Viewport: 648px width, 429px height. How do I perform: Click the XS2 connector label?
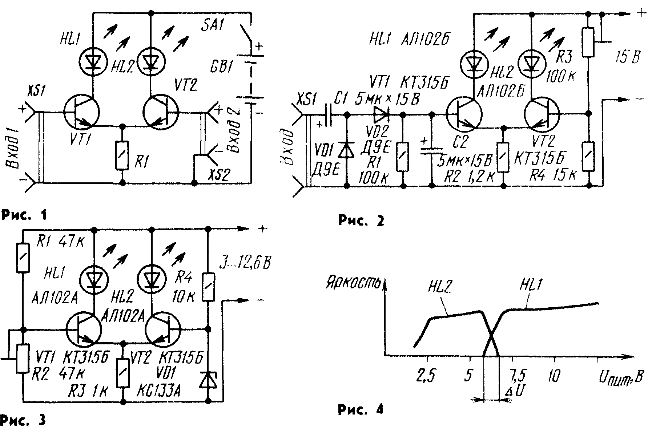[x=219, y=175]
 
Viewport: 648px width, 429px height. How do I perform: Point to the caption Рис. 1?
[x=24, y=215]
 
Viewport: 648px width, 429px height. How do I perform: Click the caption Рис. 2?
[x=361, y=220]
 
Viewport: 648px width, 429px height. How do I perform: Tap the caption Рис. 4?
[x=361, y=410]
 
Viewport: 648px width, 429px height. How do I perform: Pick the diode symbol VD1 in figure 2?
[x=346, y=150]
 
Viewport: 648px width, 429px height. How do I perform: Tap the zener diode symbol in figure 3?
[x=208, y=379]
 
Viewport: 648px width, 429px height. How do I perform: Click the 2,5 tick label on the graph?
[x=426, y=377]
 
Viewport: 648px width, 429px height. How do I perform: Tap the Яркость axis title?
[x=354, y=283]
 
